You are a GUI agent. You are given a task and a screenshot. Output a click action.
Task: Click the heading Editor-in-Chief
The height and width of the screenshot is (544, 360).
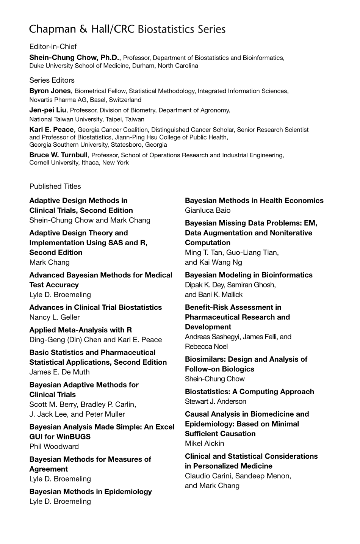pyautogui.click(x=53, y=47)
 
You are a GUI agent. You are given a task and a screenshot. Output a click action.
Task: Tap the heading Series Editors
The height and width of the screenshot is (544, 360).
pyautogui.click(x=52, y=80)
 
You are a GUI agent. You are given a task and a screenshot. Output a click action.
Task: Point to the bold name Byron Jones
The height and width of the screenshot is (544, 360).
pyautogui.click(x=50, y=91)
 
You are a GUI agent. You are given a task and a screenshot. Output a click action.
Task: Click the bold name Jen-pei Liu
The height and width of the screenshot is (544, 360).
pyautogui.click(x=48, y=110)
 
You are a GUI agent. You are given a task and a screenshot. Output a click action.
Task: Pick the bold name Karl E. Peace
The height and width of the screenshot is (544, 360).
pyautogui.click(x=52, y=130)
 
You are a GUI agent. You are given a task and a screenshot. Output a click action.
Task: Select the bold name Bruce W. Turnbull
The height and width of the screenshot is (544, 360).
pyautogui.click(x=59, y=155)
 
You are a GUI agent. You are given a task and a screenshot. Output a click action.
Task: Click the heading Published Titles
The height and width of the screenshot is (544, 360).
pyautogui.click(x=55, y=186)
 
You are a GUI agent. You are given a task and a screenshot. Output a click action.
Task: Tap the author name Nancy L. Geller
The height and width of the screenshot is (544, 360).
pyautogui.click(x=55, y=317)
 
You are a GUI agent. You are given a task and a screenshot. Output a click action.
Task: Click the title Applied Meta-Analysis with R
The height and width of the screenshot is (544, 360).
pyautogui.click(x=81, y=330)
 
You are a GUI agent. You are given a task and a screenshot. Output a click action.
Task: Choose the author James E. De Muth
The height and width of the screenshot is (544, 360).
pyautogui.click(x=59, y=372)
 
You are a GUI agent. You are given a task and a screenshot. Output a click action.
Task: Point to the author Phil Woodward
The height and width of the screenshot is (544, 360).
pyautogui.click(x=54, y=447)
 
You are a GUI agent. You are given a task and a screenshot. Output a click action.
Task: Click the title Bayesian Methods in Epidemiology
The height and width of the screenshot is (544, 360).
pyautogui.click(x=91, y=492)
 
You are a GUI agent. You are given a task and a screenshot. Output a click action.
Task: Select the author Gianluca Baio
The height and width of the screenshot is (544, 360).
pyautogui.click(x=208, y=210)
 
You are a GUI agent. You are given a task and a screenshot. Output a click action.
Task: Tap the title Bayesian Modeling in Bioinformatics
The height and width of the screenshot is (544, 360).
pyautogui.click(x=249, y=275)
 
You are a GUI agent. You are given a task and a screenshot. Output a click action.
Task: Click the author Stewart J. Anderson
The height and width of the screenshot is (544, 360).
pyautogui.click(x=215, y=401)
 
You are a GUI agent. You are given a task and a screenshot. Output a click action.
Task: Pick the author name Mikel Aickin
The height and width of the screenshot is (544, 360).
pyautogui.click(x=205, y=444)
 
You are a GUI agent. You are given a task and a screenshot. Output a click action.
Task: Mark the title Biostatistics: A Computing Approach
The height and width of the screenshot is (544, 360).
pyautogui.click(x=249, y=392)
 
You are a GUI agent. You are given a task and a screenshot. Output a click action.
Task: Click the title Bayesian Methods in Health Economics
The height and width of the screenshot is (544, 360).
pyautogui.click(x=254, y=201)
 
